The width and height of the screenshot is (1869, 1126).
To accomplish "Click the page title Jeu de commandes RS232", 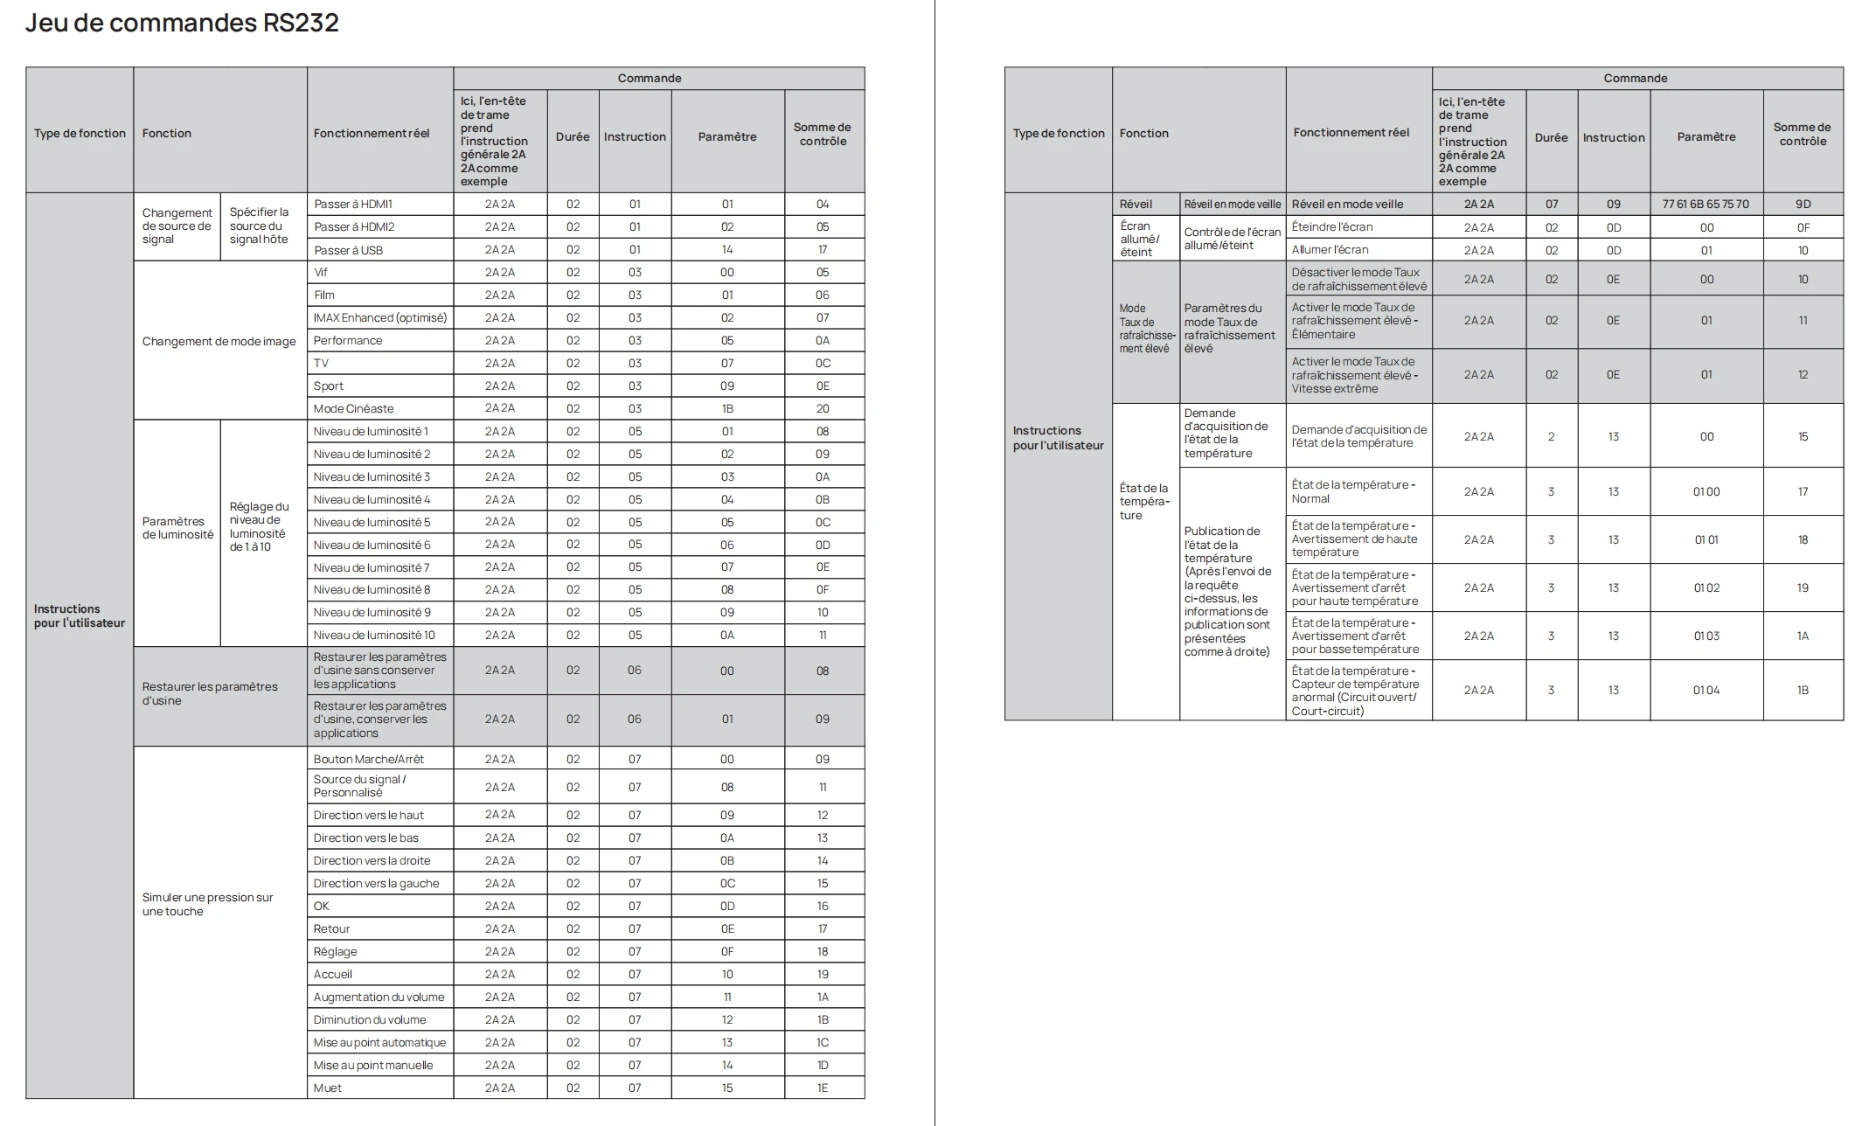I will (x=182, y=23).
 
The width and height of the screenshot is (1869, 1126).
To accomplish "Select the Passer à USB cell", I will (x=348, y=250).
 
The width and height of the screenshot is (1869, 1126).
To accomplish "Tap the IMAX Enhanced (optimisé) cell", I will (x=379, y=317).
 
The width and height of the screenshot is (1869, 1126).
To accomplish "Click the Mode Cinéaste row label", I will (x=353, y=408).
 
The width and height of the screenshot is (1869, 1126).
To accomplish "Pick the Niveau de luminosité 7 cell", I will (x=372, y=567).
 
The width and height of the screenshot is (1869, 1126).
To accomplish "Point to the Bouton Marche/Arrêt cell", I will (x=368, y=759).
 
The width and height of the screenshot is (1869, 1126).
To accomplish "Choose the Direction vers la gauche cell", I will (x=376, y=883).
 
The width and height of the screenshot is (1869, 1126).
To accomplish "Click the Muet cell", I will (x=328, y=1088).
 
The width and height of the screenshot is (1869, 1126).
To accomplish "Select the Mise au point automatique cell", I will (x=379, y=1042).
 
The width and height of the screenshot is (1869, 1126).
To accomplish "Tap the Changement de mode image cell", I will (x=219, y=341).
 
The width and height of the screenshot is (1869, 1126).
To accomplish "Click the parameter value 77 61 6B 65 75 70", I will (x=1706, y=204).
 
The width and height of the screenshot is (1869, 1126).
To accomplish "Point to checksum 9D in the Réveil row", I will (x=1803, y=204).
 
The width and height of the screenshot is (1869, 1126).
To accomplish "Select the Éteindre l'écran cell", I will (x=1331, y=226).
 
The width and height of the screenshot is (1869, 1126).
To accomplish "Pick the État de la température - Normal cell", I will (x=1353, y=491).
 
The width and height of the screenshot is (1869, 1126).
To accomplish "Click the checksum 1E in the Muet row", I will (x=823, y=1088).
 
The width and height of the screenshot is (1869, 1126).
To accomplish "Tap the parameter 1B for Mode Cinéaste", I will (x=727, y=408).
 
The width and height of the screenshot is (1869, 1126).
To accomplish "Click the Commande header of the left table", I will (x=650, y=78).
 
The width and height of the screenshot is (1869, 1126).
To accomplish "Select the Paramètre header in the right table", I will (x=1706, y=136).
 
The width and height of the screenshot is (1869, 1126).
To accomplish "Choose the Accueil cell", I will (x=333, y=974).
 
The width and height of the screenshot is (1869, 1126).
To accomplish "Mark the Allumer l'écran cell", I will (x=1330, y=250).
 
